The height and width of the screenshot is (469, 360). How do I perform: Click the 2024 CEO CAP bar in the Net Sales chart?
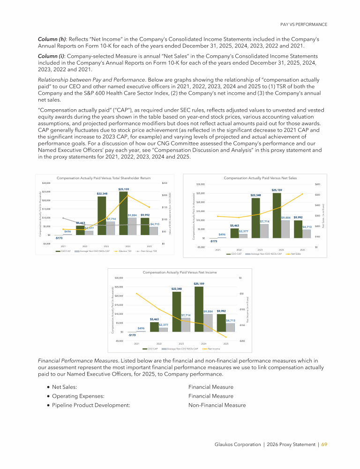(277, 216)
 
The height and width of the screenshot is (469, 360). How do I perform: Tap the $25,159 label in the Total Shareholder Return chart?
(124, 189)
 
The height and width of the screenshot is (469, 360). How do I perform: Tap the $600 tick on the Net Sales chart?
(317, 184)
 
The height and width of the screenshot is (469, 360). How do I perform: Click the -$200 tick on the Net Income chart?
(241, 341)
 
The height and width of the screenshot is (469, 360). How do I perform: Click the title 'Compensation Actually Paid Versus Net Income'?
(180, 272)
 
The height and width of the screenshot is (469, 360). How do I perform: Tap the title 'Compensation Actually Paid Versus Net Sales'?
(260, 178)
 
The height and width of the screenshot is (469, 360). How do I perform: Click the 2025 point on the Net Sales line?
(302, 194)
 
